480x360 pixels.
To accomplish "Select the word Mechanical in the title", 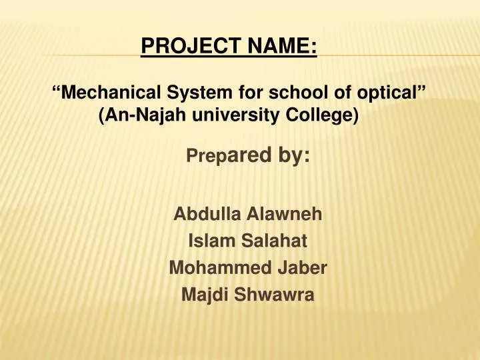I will pyautogui.click(x=111, y=93).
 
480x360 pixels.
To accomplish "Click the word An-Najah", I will pyautogui.click(x=143, y=115).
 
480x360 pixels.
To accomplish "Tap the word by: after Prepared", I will pyautogui.click(x=291, y=156).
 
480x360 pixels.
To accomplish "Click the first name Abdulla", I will pyautogui.click(x=206, y=215).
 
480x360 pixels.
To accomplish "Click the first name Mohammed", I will pyautogui.click(x=212, y=268).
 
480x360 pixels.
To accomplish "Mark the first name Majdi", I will pyautogui.click(x=200, y=295).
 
